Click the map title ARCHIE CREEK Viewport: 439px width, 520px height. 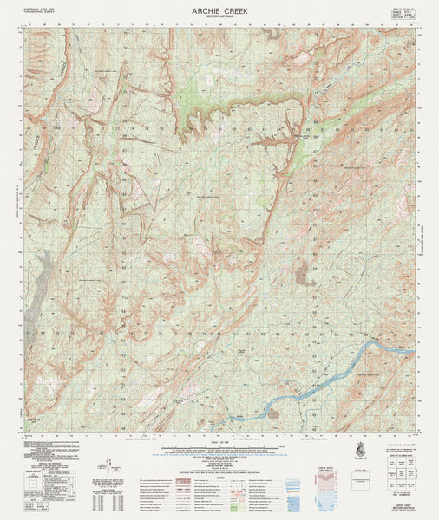(219, 10)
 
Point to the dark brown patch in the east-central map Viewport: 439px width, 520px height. (301, 277)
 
